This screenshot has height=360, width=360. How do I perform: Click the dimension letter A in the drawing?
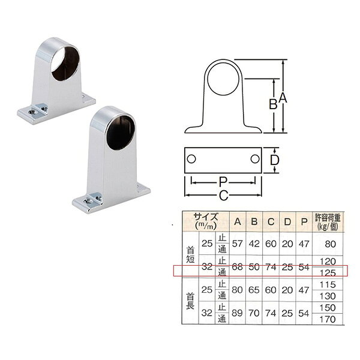(x=283, y=98)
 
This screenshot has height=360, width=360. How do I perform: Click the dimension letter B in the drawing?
(x=273, y=104)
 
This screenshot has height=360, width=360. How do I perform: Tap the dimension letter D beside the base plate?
(x=274, y=160)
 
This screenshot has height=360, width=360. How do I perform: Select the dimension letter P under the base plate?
(x=223, y=182)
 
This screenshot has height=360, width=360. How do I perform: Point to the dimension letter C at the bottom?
(x=223, y=196)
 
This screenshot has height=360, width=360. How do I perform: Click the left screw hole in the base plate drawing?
(x=191, y=159)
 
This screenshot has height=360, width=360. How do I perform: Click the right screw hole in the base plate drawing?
(x=255, y=159)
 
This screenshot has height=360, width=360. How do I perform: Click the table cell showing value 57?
(x=238, y=244)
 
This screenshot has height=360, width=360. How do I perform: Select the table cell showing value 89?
(x=237, y=313)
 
